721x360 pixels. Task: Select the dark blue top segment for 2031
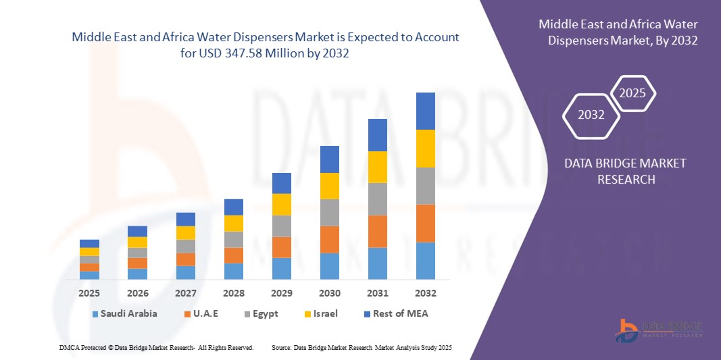click(377, 135)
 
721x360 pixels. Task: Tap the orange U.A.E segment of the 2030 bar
click(329, 239)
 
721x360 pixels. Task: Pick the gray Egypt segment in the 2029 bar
click(281, 226)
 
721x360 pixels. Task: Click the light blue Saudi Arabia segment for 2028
click(233, 271)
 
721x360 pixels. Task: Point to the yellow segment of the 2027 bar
click(185, 233)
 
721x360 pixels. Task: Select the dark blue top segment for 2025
click(89, 244)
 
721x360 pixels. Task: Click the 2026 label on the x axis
click(137, 293)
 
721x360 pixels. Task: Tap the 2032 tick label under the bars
click(425, 293)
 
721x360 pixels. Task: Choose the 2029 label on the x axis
click(281, 293)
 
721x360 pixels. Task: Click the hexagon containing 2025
click(632, 94)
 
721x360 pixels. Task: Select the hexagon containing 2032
click(591, 115)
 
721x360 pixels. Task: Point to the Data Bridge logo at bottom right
click(659, 329)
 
